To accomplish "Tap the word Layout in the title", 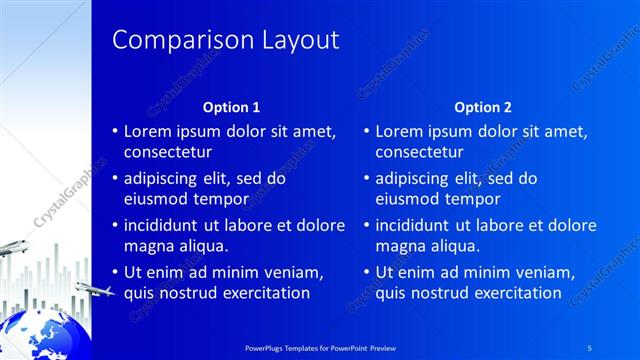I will click(x=292, y=40).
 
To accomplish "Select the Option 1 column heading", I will click(x=231, y=107).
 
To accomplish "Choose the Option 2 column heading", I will click(x=482, y=107).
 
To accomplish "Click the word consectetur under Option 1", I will click(x=167, y=152).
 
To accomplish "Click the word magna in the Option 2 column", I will click(x=399, y=246).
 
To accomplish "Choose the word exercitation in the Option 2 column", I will click(x=514, y=293).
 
